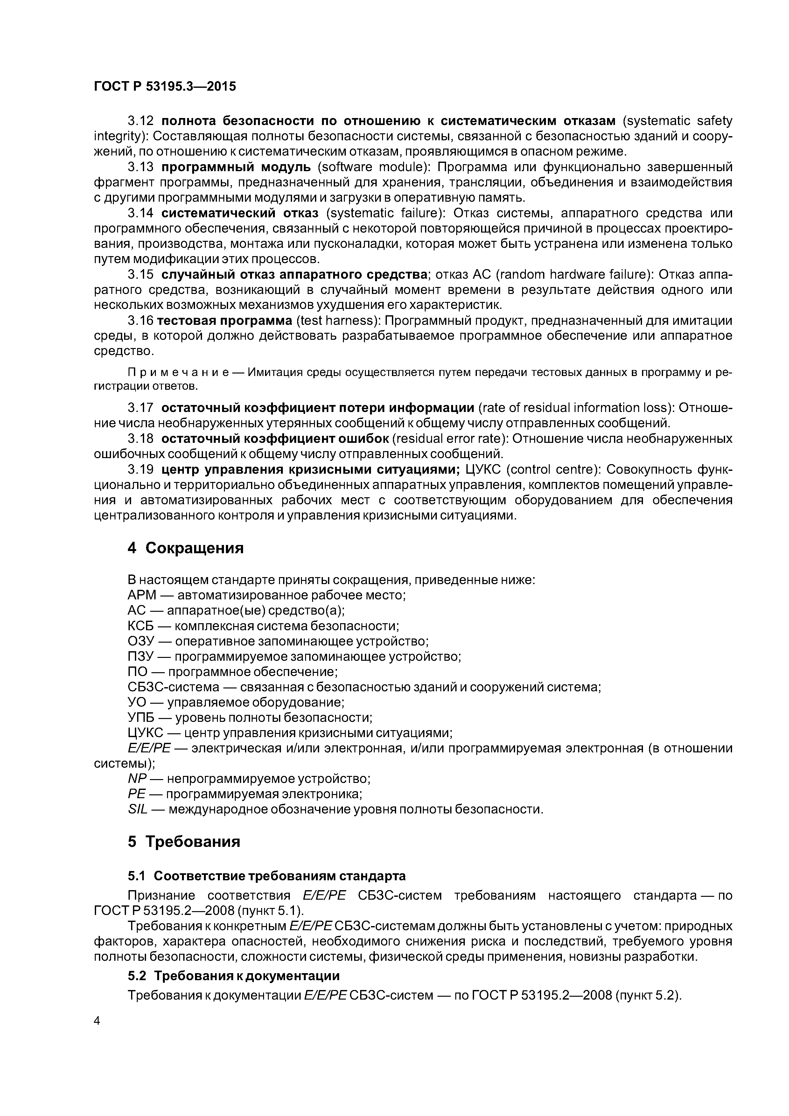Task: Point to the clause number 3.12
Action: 140,121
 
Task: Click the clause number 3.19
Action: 140,470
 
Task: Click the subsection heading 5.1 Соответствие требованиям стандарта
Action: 266,876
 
